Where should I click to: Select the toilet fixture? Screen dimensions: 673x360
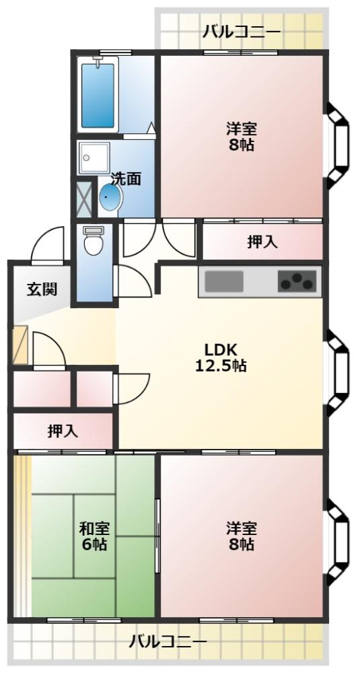coord(93,241)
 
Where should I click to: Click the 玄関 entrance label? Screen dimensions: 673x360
coord(42,290)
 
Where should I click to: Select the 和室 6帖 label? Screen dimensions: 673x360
coord(94,536)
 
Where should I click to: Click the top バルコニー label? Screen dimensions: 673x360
coord(242,32)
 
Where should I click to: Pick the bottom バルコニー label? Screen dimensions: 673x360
coord(168,641)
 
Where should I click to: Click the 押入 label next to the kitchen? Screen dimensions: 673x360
coord(262,242)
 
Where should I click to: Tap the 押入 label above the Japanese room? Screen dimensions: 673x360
coord(62,431)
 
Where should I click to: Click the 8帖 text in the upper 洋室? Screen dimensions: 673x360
coord(241,145)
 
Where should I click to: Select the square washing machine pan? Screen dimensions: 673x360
coord(91,160)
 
